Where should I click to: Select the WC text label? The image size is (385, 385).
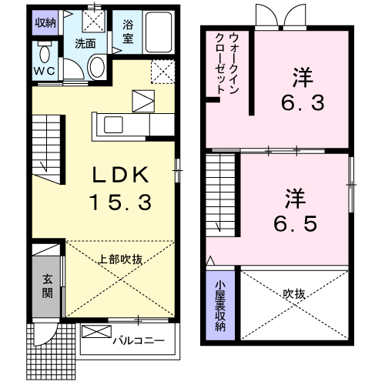tap(45, 74)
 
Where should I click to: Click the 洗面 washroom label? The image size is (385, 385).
tap(85, 44)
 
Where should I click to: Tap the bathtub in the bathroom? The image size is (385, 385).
tap(161, 35)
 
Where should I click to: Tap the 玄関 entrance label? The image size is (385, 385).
tap(47, 286)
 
